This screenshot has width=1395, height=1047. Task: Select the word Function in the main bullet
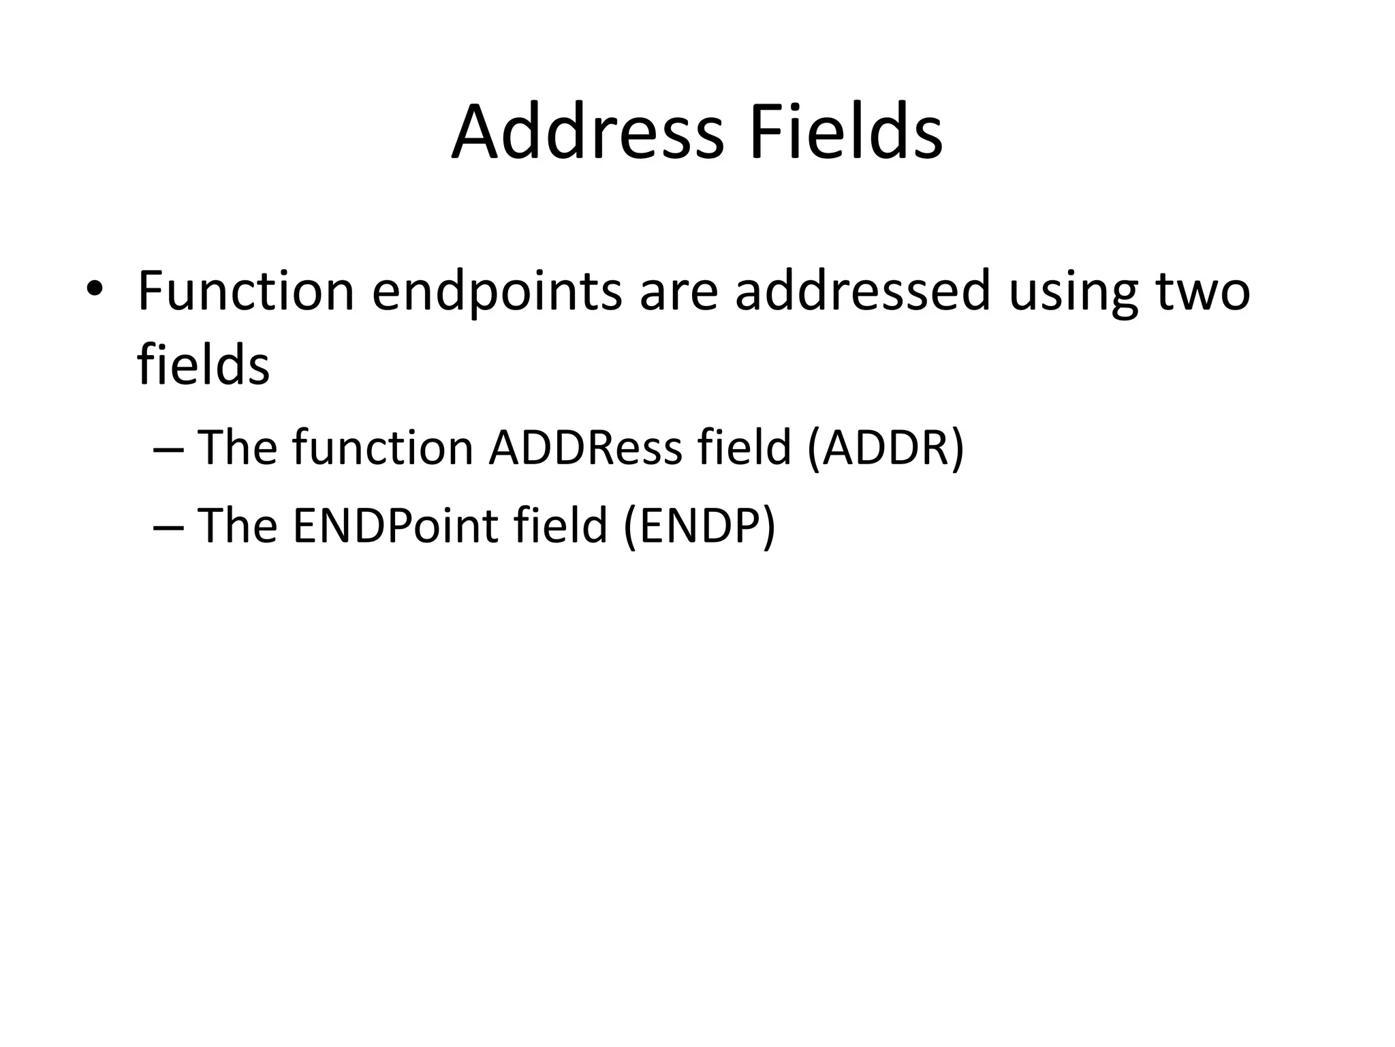click(x=246, y=291)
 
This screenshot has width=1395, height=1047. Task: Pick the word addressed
click(x=862, y=291)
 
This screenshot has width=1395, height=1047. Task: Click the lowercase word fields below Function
click(x=203, y=365)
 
